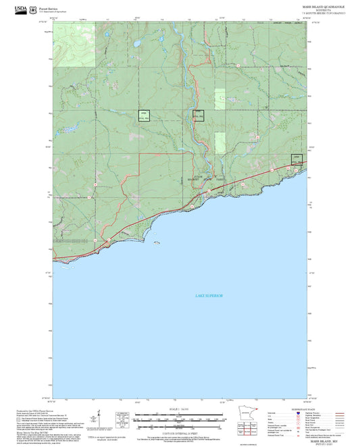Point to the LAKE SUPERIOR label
[x=209, y=296]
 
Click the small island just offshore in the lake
[x=156, y=242]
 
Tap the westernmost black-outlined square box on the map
[x=143, y=115]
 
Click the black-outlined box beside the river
[x=198, y=115]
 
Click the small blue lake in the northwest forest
[x=136, y=46]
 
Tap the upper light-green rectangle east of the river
[x=220, y=99]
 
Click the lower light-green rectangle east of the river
[x=220, y=142]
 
